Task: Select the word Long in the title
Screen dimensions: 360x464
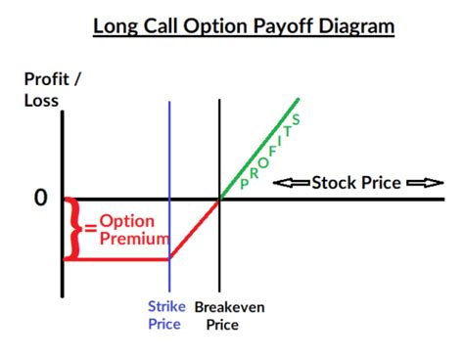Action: [116, 23]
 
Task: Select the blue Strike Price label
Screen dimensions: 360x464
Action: [166, 315]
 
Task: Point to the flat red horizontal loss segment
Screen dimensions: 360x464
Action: [117, 259]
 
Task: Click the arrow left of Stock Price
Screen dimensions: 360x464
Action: [291, 182]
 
